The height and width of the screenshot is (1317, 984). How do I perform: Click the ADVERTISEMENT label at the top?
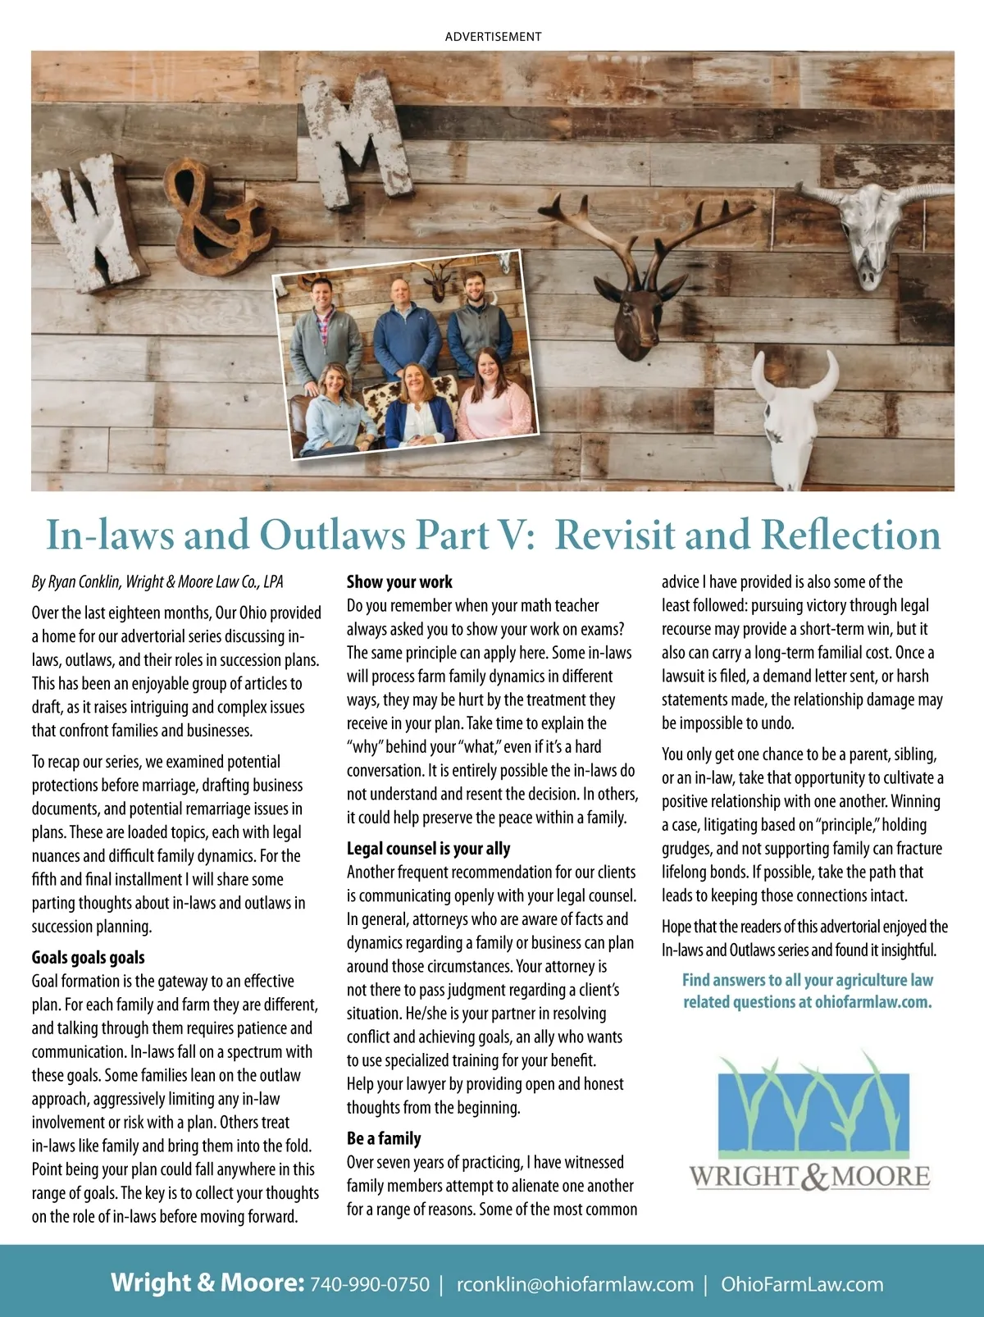[x=493, y=37]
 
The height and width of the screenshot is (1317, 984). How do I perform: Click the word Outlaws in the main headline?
[x=333, y=535]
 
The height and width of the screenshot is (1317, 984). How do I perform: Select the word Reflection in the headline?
[x=850, y=535]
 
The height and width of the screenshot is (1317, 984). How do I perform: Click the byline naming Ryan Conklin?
[x=157, y=582]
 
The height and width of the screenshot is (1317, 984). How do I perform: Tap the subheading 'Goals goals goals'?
[x=88, y=957]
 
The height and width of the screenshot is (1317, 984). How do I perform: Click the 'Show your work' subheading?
[x=399, y=582]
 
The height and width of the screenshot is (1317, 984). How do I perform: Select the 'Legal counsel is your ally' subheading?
[x=428, y=849]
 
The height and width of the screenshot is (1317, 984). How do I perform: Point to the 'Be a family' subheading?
[x=384, y=1138]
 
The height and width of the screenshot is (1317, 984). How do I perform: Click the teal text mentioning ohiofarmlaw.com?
[x=808, y=991]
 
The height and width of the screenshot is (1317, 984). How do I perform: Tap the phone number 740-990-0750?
[x=369, y=1284]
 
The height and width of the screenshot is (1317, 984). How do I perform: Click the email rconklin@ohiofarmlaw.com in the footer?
[x=575, y=1284]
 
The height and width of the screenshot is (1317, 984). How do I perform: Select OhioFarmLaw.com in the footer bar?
[x=802, y=1284]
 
